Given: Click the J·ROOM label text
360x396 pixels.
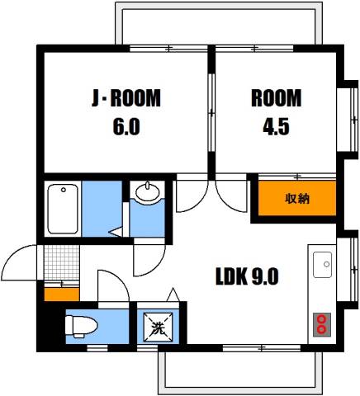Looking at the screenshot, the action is tap(126, 98).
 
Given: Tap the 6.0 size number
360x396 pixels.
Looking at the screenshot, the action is tap(126, 126).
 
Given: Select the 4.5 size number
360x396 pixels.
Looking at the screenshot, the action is tap(276, 126).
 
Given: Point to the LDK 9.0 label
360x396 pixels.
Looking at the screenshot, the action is tap(247, 276).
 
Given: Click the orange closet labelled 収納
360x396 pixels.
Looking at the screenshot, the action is tap(297, 198).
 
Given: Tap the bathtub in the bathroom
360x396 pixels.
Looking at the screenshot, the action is tap(63, 209).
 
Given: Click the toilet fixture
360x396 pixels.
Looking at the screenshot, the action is tap(81, 327).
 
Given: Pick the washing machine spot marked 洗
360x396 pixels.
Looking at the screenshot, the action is tap(158, 327).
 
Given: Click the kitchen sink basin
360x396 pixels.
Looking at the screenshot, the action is tap(322, 265).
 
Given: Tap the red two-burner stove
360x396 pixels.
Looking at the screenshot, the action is tap(322, 325).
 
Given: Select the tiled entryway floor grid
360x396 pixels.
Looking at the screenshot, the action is tap(62, 262).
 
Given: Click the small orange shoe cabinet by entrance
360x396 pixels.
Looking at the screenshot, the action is tap(62, 294).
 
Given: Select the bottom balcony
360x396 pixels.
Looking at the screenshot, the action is tap(239, 372).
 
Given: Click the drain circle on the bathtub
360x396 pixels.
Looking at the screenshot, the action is tap(64, 190).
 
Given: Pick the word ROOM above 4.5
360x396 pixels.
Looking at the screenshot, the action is tap(276, 98).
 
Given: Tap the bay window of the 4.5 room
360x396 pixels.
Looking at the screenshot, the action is tap(348, 120).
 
